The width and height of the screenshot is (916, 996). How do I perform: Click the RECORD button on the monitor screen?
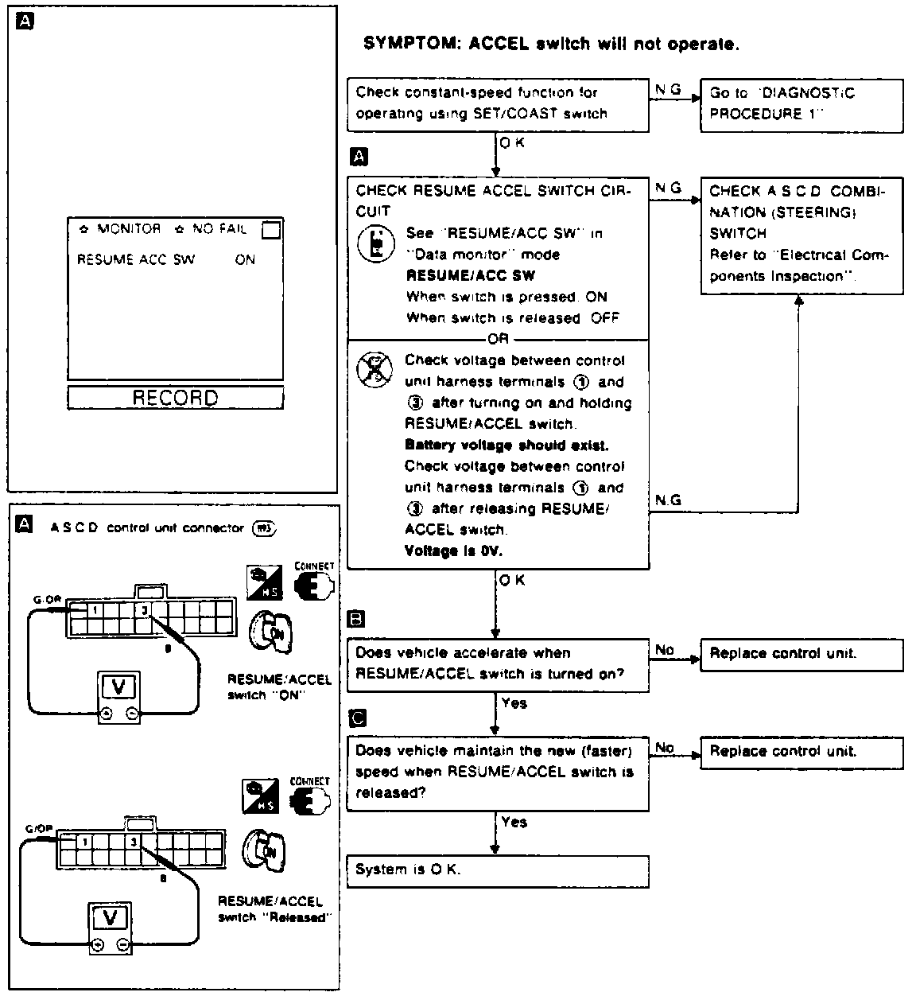pyautogui.click(x=175, y=398)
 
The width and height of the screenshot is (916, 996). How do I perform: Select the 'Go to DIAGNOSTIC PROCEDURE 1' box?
pyautogui.click(x=801, y=104)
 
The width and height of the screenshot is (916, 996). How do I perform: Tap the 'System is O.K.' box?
pyautogui.click(x=498, y=870)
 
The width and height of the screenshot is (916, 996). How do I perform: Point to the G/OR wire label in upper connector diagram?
pyautogui.click(x=43, y=599)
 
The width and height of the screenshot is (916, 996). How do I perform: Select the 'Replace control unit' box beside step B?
pyautogui.click(x=801, y=654)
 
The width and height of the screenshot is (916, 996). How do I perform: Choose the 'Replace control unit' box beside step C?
pyautogui.click(x=801, y=752)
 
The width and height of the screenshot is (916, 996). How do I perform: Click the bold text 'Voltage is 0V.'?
pyautogui.click(x=453, y=551)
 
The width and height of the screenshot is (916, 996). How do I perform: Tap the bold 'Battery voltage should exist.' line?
pyautogui.click(x=507, y=445)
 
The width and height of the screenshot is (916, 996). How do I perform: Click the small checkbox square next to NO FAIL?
pyautogui.click(x=271, y=230)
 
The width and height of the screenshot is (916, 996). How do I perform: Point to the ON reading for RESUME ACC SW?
pyautogui.click(x=245, y=259)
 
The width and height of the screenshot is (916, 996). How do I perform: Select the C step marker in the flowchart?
pyautogui.click(x=358, y=718)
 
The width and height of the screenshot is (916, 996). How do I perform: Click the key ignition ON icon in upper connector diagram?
pyautogui.click(x=272, y=633)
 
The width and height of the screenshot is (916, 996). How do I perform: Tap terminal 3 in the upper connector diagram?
pyautogui.click(x=144, y=610)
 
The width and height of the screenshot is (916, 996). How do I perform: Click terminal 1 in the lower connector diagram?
pyautogui.click(x=84, y=841)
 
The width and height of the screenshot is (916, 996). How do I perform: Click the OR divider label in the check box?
pyautogui.click(x=498, y=339)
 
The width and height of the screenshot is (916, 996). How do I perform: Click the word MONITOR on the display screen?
pyautogui.click(x=129, y=229)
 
